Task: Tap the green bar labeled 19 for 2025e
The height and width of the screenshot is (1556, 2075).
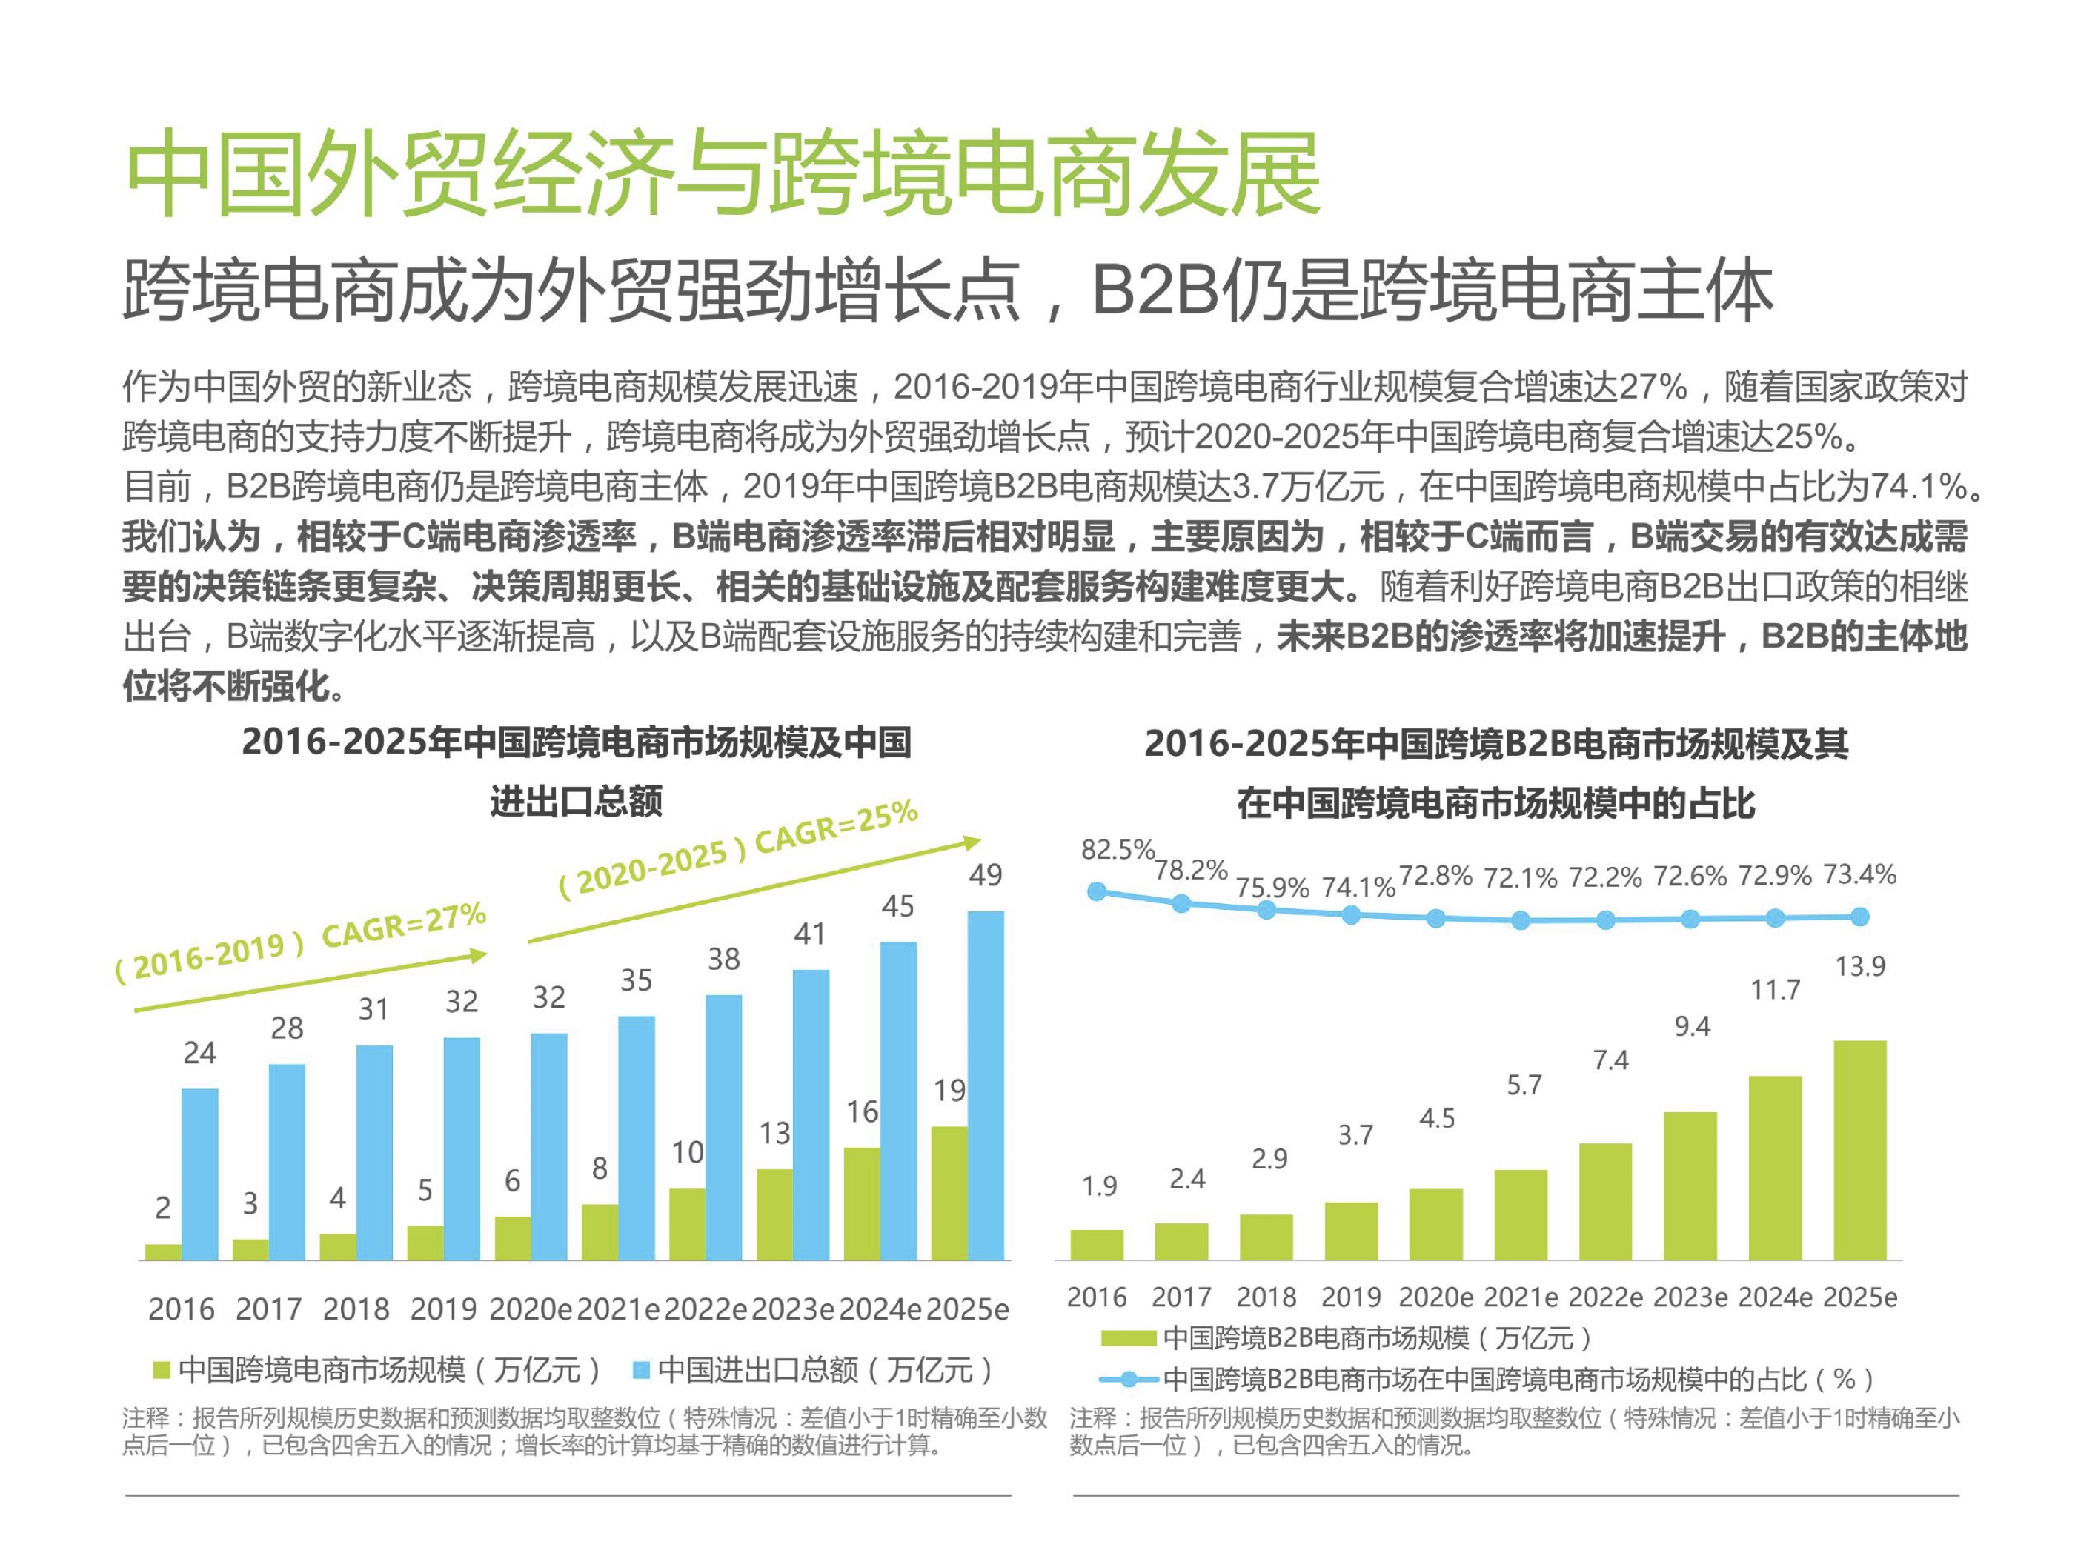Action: click(949, 1192)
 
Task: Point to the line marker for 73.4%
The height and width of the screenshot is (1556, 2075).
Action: click(1859, 917)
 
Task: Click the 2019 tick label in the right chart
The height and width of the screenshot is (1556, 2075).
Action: click(1351, 1297)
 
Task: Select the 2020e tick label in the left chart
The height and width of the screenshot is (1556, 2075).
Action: click(530, 1309)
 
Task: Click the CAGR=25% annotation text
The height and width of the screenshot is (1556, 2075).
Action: click(836, 822)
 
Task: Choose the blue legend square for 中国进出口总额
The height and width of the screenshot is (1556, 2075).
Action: click(642, 1370)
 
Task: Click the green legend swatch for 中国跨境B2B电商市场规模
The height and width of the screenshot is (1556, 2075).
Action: click(1128, 1338)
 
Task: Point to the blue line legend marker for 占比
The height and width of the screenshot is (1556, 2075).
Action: click(1128, 1379)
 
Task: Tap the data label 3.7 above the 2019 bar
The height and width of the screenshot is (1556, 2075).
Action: click(1355, 1135)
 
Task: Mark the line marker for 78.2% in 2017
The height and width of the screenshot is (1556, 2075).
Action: click(1182, 903)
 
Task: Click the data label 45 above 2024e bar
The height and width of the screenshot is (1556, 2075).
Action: click(897, 906)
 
